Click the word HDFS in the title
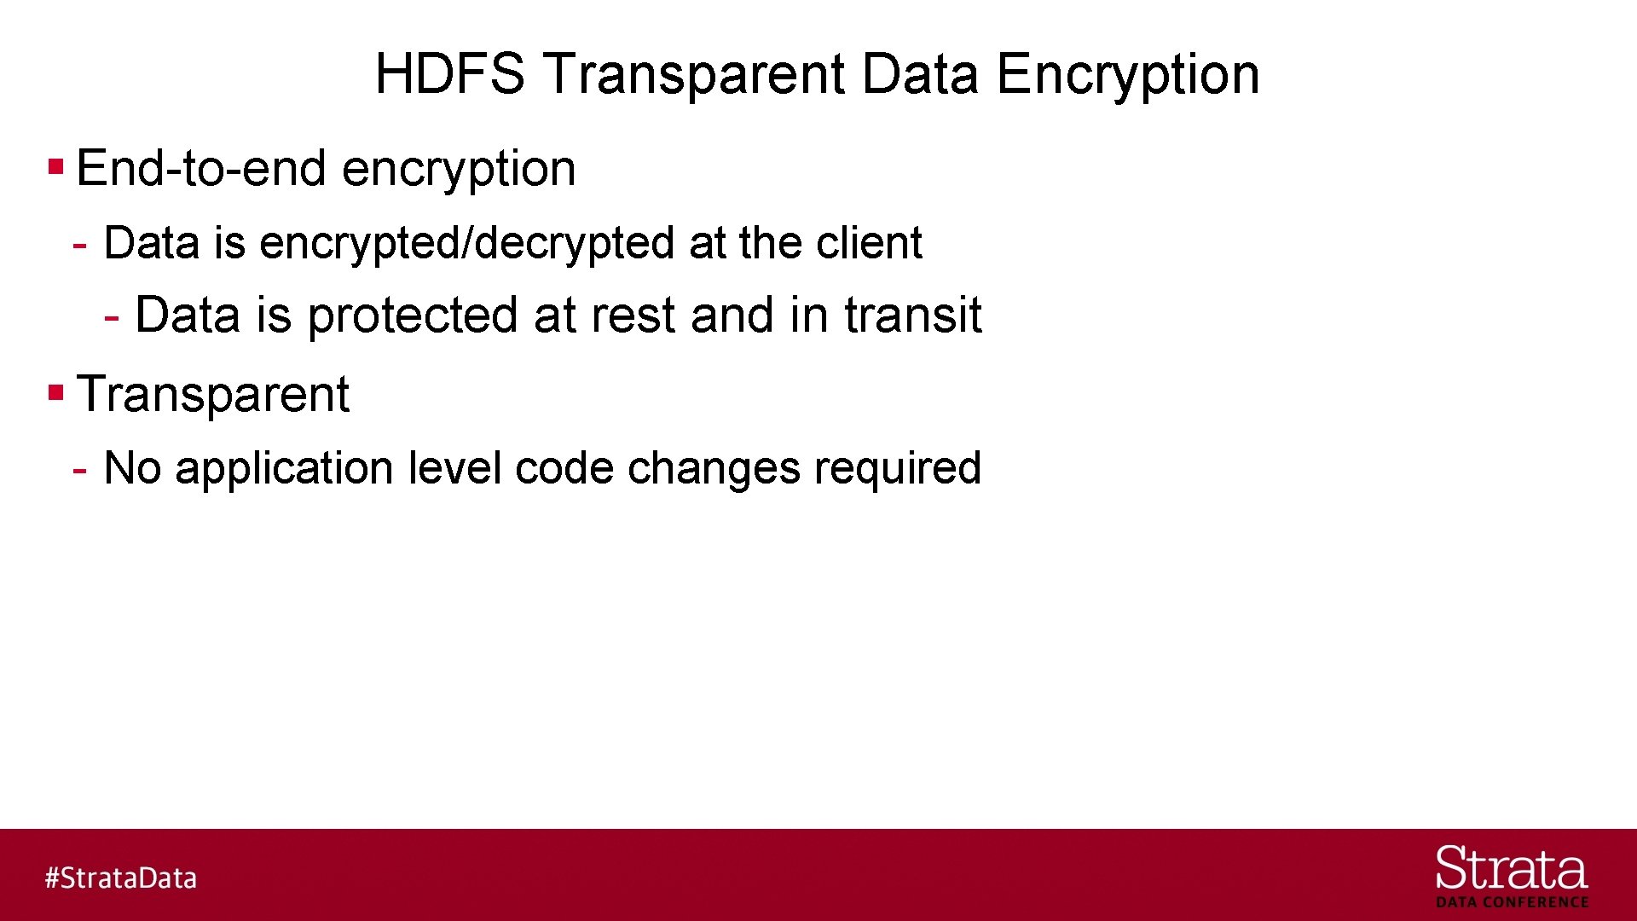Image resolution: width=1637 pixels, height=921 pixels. click(x=449, y=74)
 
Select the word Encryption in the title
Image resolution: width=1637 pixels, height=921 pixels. click(x=1127, y=74)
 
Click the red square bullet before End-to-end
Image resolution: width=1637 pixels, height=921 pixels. click(x=56, y=165)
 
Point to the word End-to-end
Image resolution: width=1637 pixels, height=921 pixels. click(x=201, y=168)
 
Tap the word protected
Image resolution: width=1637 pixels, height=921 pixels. click(x=413, y=316)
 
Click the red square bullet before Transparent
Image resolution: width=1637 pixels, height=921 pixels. click(x=56, y=393)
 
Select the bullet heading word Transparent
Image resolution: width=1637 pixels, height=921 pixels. click(x=213, y=395)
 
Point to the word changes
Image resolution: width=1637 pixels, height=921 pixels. click(x=713, y=469)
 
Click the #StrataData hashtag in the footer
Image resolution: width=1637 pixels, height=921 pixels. click(x=120, y=878)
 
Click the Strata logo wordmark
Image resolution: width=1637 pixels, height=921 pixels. click(x=1511, y=869)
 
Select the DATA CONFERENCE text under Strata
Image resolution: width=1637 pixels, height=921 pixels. click(x=1512, y=902)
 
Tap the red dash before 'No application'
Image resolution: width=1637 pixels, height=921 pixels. click(x=80, y=470)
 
